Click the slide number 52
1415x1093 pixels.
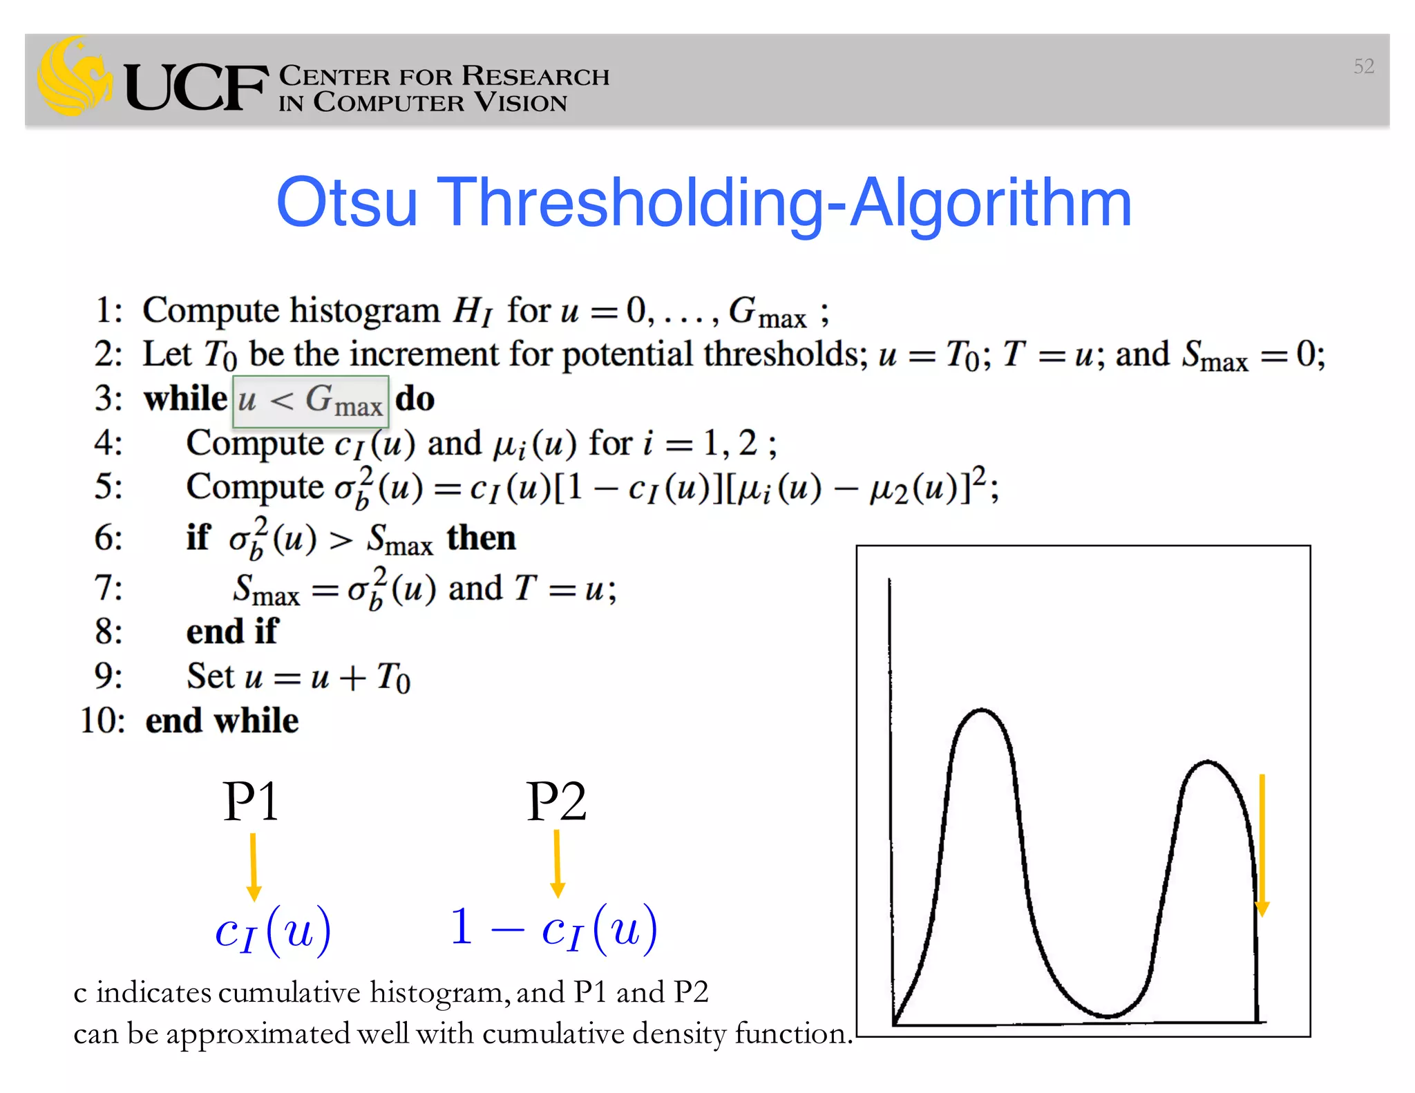click(1363, 66)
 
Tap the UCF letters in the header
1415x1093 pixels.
click(196, 88)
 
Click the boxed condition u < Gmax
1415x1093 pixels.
click(311, 401)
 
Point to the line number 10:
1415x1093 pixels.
click(102, 721)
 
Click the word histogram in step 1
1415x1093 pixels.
click(364, 310)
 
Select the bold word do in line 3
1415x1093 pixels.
click(415, 399)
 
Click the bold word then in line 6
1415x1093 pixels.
click(481, 538)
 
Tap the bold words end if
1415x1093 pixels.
click(232, 631)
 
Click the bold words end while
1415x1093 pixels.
click(222, 721)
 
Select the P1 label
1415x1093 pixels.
click(251, 801)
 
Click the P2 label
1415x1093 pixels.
click(556, 801)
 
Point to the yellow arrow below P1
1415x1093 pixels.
click(254, 867)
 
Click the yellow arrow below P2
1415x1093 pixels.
click(558, 864)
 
